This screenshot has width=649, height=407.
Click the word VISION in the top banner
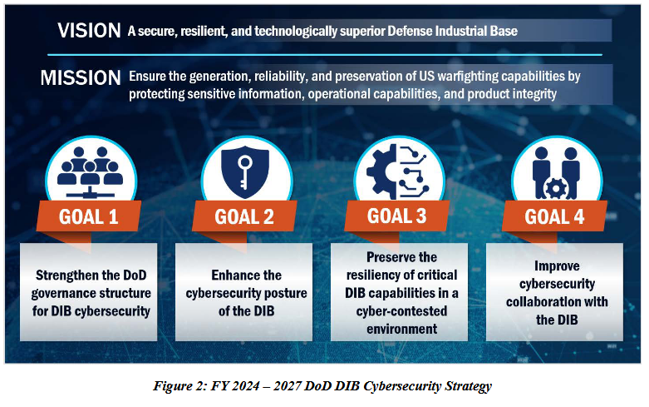pos(90,31)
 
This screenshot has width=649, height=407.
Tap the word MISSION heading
pos(81,78)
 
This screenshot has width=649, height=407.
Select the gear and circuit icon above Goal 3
pos(398,166)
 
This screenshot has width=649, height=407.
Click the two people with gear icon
pos(555,166)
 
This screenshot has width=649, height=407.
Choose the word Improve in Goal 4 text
pos(553,266)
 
